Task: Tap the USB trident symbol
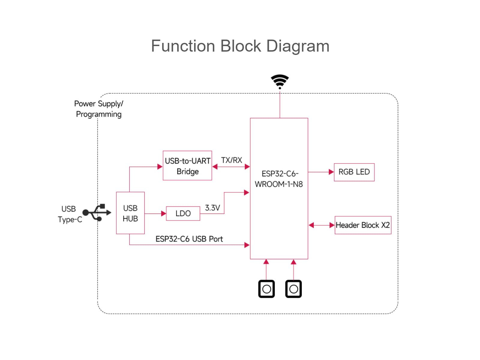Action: point(97,212)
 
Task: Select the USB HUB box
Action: point(130,213)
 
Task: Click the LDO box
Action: point(183,213)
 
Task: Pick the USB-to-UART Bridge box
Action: point(187,166)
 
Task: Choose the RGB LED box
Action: point(354,172)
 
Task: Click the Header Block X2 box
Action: point(363,225)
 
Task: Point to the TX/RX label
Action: point(231,160)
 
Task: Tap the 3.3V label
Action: point(212,208)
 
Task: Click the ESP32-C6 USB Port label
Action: point(189,239)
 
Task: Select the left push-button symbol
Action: point(266,289)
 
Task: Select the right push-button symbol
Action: point(293,289)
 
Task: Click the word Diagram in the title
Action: point(298,46)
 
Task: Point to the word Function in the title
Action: point(183,46)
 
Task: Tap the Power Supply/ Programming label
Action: point(99,109)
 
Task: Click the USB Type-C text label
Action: point(70,214)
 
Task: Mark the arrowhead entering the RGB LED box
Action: point(331,172)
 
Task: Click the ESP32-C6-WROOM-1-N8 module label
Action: point(279,179)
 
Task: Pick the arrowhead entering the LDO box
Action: point(163,214)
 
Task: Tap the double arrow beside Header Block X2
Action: point(322,225)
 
